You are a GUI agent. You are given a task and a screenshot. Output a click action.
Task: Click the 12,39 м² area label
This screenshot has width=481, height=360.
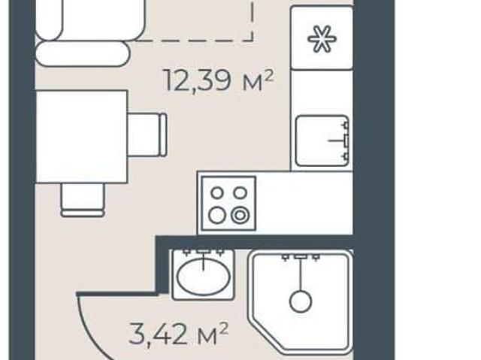pyautogui.click(x=219, y=80)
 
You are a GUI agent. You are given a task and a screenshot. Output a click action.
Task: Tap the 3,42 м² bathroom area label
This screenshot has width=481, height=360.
pyautogui.click(x=179, y=334)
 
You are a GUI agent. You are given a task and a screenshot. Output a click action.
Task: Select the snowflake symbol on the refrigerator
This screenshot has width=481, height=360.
pyautogui.click(x=322, y=38)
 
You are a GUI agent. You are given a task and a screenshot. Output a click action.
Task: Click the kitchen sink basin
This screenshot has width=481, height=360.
pyautogui.click(x=322, y=141)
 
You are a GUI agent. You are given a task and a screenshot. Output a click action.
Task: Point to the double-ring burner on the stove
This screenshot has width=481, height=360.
pyautogui.click(x=240, y=216)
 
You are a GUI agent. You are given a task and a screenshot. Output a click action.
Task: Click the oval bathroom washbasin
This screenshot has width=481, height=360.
pyautogui.click(x=204, y=277)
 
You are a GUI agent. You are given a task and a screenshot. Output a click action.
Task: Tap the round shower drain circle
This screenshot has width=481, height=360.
pyautogui.click(x=301, y=301)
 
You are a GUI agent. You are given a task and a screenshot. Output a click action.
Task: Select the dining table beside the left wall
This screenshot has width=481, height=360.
pyautogui.click(x=81, y=137)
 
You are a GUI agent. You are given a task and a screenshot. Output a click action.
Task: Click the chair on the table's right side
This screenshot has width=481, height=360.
pyautogui.click(x=147, y=135)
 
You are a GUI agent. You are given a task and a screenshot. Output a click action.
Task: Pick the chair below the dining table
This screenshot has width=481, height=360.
pyautogui.click(x=83, y=200)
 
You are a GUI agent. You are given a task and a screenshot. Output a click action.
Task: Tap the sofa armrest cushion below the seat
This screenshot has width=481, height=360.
pyautogui.click(x=83, y=53)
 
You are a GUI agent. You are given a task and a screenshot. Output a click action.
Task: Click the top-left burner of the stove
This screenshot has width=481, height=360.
pyautogui.click(x=217, y=193)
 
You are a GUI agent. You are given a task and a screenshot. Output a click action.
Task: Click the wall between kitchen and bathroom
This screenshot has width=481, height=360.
pyautogui.click(x=255, y=242)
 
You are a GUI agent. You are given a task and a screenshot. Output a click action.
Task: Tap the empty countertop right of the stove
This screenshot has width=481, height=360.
pyautogui.click(x=304, y=203)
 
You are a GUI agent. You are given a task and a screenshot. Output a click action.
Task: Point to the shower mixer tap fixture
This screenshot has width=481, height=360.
pyautogui.click(x=301, y=257)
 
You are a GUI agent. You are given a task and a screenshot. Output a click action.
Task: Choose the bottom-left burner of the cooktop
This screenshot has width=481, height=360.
pyautogui.click(x=217, y=215)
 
